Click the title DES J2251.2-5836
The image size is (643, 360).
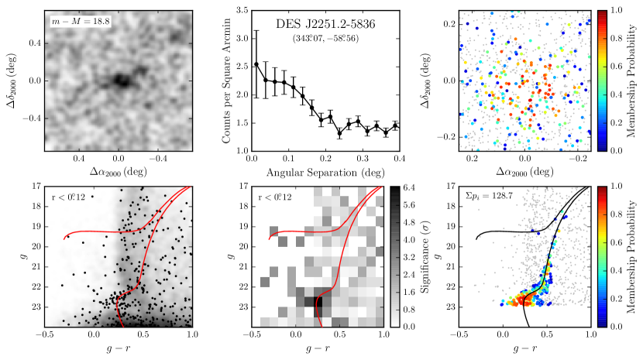324,25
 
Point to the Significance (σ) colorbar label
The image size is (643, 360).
425,255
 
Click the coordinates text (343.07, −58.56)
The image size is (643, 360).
324,38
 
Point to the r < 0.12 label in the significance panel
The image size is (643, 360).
276,197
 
